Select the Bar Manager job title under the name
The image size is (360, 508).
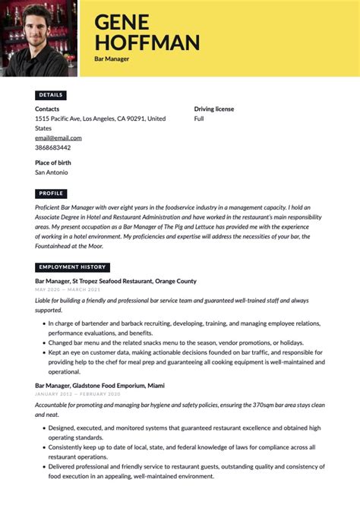112,58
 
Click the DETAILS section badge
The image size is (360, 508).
51,95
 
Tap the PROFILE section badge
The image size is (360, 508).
52,194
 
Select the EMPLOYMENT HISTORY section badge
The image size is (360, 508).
72,267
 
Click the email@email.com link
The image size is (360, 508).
58,138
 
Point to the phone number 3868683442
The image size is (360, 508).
53,147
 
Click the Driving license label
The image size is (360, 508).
214,109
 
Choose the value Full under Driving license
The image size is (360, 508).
199,119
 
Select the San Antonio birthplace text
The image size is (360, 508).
52,172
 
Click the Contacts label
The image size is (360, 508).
47,109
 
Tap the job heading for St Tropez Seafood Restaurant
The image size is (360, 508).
115,281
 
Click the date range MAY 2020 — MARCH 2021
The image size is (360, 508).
68,289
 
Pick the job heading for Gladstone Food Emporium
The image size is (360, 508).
100,386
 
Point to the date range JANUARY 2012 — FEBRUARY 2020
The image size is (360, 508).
77,394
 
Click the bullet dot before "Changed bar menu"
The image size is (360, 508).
42,343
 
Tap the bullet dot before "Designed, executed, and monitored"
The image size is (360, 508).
42,428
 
